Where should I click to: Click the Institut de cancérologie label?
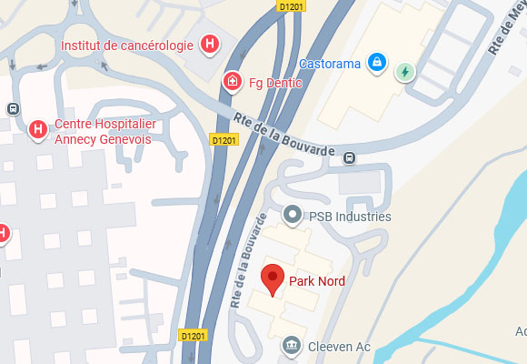[x=127, y=45]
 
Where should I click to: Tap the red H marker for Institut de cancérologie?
[x=210, y=43]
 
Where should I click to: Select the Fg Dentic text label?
[x=275, y=82]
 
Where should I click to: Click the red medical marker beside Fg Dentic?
[x=233, y=82]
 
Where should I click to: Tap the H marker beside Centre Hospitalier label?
[x=38, y=130]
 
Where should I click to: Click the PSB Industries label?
[x=349, y=217]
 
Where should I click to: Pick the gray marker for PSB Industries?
[x=292, y=216]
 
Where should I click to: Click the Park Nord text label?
[x=316, y=281]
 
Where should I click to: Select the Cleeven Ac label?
[x=338, y=346]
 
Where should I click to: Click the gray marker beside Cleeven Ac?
[x=292, y=345]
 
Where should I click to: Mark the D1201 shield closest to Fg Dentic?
[x=224, y=140]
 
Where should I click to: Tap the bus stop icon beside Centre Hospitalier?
[x=13, y=108]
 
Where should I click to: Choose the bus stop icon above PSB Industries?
[x=349, y=159]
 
